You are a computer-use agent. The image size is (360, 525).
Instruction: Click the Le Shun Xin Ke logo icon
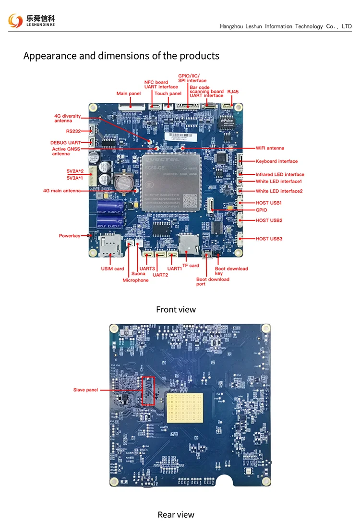pos(15,21)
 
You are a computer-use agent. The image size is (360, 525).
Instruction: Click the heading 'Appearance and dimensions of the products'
pos(121,56)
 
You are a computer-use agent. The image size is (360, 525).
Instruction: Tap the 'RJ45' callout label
pos(233,91)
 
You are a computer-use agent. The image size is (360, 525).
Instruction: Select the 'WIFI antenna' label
pos(270,148)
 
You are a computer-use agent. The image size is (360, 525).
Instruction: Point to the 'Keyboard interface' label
pos(276,161)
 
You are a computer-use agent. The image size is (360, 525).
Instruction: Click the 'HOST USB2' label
pos(269,220)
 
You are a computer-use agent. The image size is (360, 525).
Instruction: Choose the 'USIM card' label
pos(112,269)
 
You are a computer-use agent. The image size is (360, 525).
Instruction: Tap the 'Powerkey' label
pos(70,236)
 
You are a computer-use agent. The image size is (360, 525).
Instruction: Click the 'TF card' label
pos(191,266)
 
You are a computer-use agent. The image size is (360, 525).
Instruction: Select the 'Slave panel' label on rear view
pos(85,390)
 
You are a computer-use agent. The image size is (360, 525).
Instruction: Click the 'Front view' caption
pos(176,309)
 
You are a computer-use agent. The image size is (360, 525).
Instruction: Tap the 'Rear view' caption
pos(176,514)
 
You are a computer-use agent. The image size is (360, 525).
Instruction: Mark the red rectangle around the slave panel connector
pos(149,390)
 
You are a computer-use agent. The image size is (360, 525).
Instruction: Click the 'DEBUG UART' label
pos(65,143)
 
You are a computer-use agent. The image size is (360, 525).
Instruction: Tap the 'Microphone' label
pos(135,280)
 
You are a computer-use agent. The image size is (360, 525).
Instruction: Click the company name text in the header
pos(286,26)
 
